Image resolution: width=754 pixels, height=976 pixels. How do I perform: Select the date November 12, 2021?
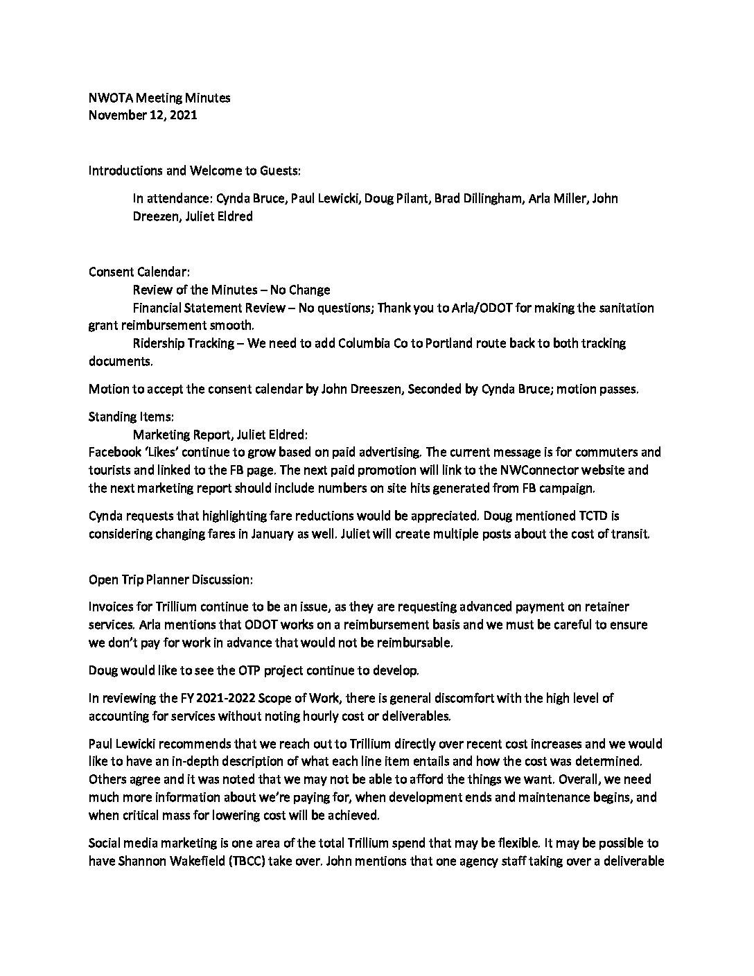[x=143, y=115]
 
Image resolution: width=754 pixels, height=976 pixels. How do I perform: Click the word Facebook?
[x=114, y=453]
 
